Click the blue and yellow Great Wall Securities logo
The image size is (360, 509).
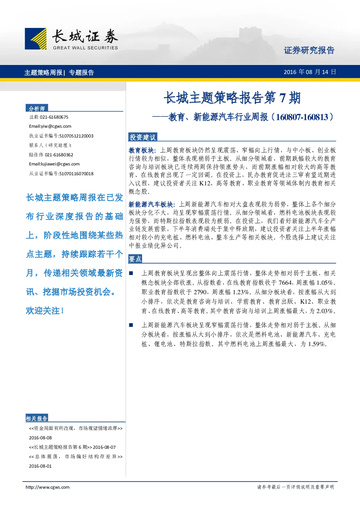(36, 38)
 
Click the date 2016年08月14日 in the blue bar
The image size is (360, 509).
(310, 72)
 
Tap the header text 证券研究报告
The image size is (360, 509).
(309, 50)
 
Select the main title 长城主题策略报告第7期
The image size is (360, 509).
(232, 98)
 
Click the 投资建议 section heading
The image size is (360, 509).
(143, 137)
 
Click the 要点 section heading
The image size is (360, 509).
(135, 259)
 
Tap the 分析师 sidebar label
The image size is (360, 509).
(37, 108)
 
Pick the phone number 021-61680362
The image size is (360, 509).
(59, 155)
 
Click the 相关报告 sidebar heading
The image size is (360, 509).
(37, 418)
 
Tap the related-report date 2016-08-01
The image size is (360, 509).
(40, 466)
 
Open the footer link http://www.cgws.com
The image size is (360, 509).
(48, 487)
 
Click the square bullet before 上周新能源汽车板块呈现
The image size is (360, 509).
(131, 325)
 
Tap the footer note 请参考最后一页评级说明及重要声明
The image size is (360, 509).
(295, 487)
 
